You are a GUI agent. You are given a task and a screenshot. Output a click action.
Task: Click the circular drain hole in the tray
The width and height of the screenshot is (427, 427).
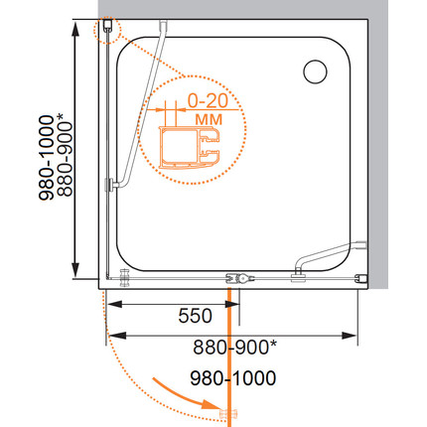pos(315,71)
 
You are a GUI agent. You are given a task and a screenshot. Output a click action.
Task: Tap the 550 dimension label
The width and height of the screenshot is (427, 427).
pos(195,316)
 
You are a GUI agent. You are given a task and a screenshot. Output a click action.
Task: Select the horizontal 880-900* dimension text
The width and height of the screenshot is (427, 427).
pos(234,348)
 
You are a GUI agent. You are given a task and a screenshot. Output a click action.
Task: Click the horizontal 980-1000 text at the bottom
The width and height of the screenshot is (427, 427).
pos(233,378)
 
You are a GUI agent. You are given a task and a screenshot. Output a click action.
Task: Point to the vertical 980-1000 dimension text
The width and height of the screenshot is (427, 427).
pos(47,158)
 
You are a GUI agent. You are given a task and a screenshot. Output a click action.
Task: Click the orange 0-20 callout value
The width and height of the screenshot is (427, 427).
pos(209,100)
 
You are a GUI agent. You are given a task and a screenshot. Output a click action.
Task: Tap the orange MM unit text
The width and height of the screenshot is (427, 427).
pos(209,119)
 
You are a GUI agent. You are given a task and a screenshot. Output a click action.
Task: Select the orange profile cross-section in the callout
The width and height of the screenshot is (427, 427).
pos(190,148)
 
